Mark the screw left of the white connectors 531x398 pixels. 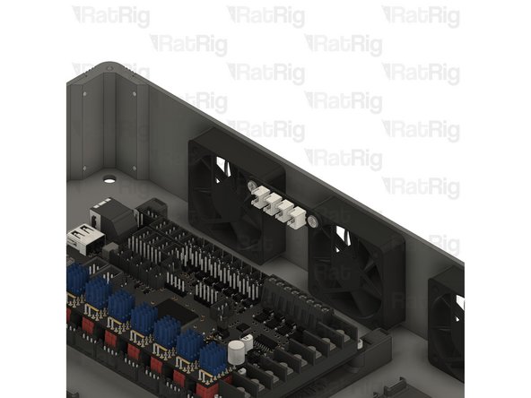point(249,186)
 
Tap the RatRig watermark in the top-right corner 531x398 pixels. point(421,16)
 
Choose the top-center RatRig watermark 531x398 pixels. point(265,16)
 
